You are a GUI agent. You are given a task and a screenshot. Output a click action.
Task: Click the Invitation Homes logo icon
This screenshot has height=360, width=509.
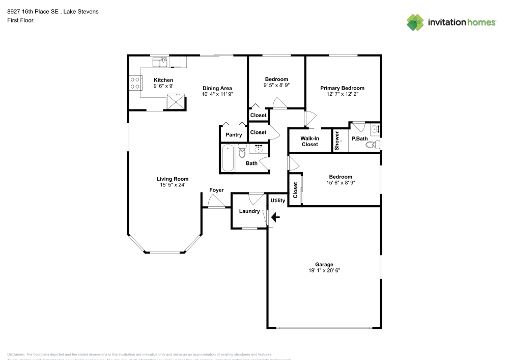coord(415,22)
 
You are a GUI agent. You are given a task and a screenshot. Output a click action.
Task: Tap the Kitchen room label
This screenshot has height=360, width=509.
coord(163,80)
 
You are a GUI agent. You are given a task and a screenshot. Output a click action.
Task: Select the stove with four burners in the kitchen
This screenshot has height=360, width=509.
coord(135,82)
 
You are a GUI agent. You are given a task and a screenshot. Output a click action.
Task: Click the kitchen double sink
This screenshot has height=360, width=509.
coord(161,62)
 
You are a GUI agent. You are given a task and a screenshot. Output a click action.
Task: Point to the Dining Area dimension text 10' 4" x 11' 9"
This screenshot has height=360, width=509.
coord(217,94)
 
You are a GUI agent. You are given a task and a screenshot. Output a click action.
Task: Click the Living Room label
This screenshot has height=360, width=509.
coord(172,179)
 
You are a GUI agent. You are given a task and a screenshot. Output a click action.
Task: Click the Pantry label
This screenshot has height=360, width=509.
coord(234,135)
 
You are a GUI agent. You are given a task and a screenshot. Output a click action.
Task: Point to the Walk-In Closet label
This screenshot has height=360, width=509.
coord(309,141)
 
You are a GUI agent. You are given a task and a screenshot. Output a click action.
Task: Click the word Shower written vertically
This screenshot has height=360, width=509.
coord(337,141)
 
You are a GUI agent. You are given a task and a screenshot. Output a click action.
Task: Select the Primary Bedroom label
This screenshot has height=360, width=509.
coord(342,88)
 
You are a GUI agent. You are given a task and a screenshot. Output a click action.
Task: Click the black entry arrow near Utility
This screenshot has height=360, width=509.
coord(275,217)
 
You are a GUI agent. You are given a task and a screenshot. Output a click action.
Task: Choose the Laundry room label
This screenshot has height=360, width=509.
coord(249,211)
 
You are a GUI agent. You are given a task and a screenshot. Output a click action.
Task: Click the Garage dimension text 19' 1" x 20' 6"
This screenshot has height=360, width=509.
coord(324,271)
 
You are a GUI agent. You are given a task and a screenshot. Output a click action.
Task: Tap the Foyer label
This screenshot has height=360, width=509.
coord(216,190)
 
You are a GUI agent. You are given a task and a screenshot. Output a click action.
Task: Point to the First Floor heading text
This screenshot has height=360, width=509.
coord(20,20)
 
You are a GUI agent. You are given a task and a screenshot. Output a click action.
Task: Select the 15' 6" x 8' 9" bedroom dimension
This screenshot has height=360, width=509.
coord(340,183)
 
